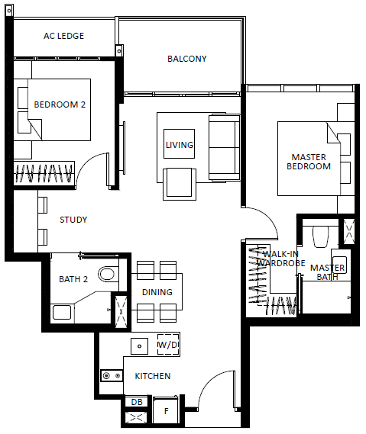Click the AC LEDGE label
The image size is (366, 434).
coord(63,36)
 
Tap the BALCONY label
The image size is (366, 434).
coord(187,59)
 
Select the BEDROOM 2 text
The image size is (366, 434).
coord(60,104)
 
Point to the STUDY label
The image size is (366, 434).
coord(73,220)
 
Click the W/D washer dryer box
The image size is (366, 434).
coord(168,345)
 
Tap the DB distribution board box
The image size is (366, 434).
coord(137,402)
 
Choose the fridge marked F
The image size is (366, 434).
coord(166,411)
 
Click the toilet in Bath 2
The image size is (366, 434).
coord(106,274)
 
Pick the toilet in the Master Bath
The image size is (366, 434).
coord(320,237)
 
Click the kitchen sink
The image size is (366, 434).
coord(140,346)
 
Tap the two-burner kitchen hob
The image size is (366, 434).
coord(112,376)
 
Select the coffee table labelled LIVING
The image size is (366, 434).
coord(179,144)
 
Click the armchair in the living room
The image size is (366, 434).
coord(180,184)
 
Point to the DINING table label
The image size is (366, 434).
coord(157,292)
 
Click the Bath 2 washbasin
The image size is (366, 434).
coord(62,313)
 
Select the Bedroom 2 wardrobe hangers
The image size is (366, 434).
coord(44,174)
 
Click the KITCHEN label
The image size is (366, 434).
coord(153,376)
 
